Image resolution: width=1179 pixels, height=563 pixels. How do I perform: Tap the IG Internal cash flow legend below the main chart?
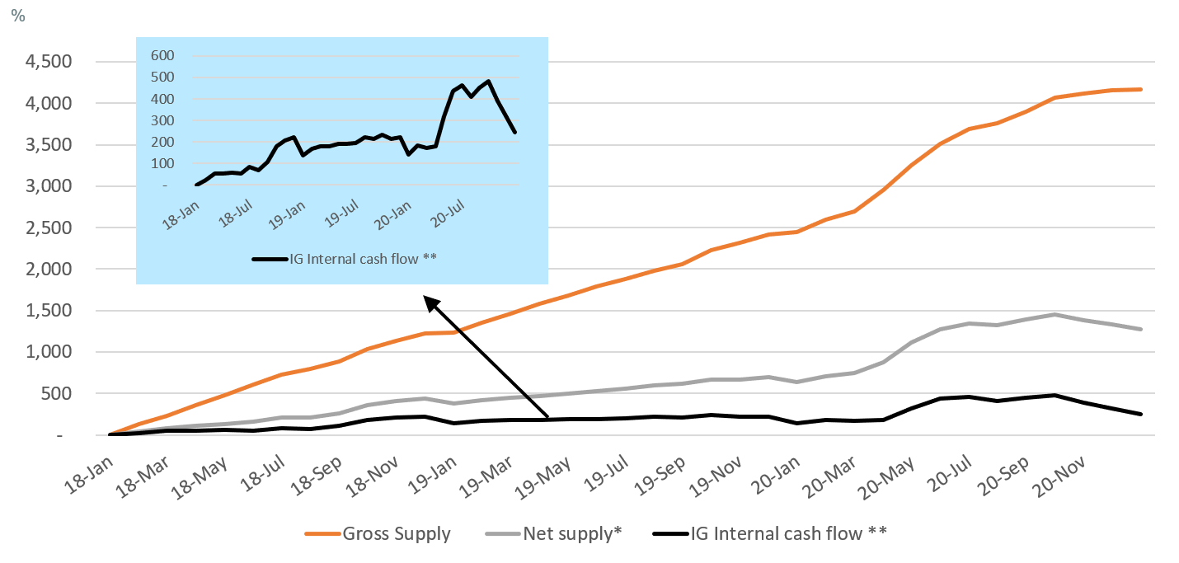pos(788,533)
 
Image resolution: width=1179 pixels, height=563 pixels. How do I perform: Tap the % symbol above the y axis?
pos(18,15)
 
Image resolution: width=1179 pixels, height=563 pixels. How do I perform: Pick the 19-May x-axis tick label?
pos(547,471)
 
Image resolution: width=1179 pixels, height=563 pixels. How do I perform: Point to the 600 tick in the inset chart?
pos(162,55)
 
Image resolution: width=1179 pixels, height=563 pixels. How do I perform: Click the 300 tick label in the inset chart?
pos(162,120)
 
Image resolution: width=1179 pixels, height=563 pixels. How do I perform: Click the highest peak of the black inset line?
pos(488,81)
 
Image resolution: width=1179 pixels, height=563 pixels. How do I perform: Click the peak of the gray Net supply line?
pos(1053,314)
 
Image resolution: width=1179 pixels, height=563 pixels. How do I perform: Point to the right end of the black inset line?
pos(515,132)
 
